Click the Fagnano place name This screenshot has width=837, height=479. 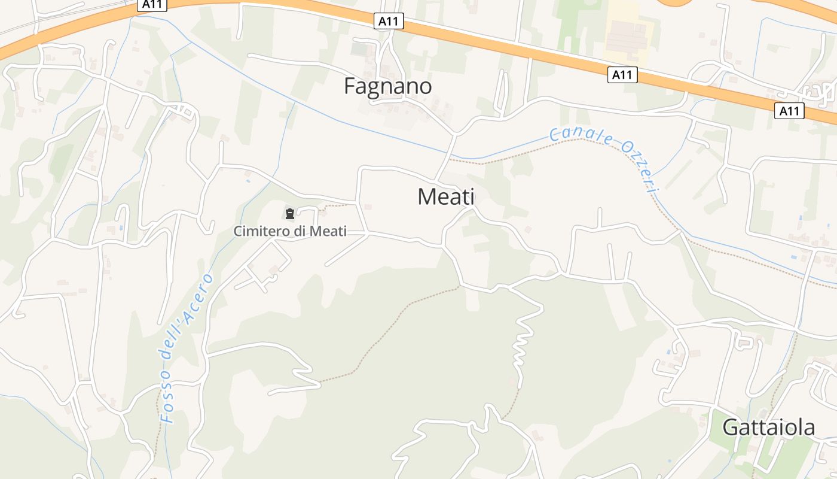pyautogui.click(x=387, y=86)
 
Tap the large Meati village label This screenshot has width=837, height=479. pyautogui.click(x=446, y=196)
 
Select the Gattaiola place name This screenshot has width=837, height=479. pyautogui.click(x=768, y=428)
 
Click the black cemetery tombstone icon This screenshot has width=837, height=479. pyautogui.click(x=290, y=213)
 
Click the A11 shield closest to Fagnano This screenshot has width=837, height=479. pyautogui.click(x=389, y=22)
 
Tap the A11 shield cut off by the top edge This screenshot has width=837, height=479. pyautogui.click(x=152, y=4)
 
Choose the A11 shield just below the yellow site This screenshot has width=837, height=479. pyautogui.click(x=622, y=75)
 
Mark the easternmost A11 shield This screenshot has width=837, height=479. pyautogui.click(x=789, y=111)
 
